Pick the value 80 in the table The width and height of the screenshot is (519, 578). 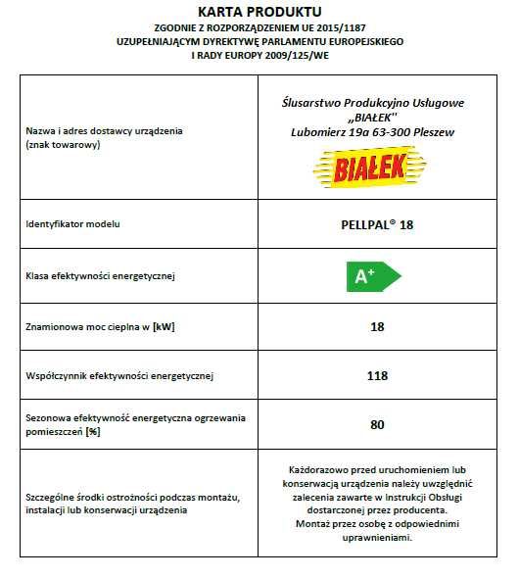tap(377, 424)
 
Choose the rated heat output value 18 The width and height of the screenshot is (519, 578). tap(377, 326)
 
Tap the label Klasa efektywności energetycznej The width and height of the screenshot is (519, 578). tap(100, 277)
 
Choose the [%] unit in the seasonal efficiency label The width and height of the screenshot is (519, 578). tap(94, 431)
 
